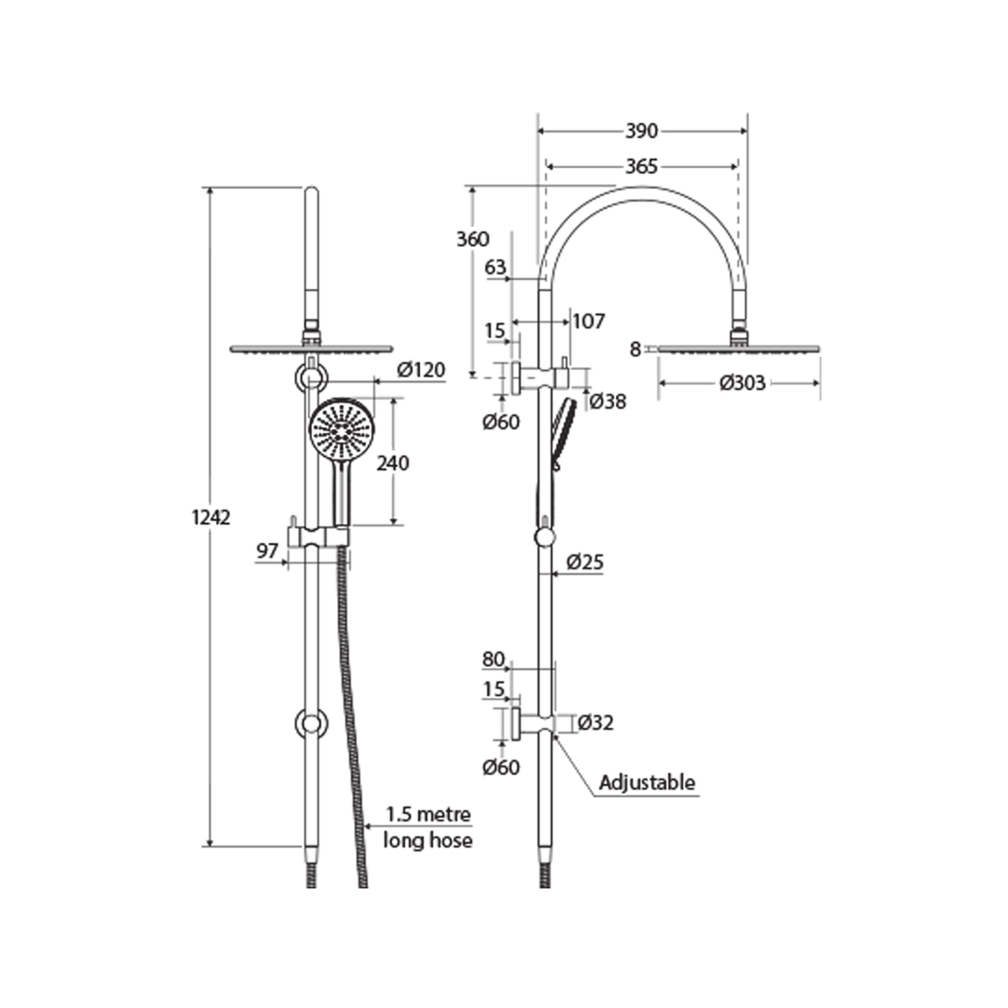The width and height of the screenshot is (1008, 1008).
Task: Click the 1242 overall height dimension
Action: pyautogui.click(x=211, y=517)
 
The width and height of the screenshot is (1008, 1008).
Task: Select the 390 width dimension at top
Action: pyautogui.click(x=642, y=131)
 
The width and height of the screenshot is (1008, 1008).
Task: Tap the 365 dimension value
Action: pyautogui.click(x=642, y=166)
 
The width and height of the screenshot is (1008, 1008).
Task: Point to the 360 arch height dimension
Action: pyautogui.click(x=472, y=239)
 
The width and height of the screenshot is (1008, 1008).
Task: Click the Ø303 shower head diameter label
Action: pyautogui.click(x=742, y=383)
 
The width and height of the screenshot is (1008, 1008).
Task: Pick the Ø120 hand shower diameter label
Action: pyautogui.click(x=420, y=371)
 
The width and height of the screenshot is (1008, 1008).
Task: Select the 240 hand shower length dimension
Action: pyautogui.click(x=393, y=462)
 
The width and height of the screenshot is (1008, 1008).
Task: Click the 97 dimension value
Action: pyautogui.click(x=268, y=551)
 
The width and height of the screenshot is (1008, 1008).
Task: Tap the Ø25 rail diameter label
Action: pyautogui.click(x=586, y=563)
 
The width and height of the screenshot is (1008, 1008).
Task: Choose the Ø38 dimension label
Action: pyautogui.click(x=608, y=401)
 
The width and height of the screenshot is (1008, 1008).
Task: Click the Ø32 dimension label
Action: pyautogui.click(x=595, y=722)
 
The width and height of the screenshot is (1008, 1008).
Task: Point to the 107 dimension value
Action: pyautogui.click(x=588, y=322)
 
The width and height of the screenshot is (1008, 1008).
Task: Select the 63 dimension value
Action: pyautogui.click(x=496, y=268)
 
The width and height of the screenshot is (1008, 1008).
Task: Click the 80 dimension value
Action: pyautogui.click(x=493, y=659)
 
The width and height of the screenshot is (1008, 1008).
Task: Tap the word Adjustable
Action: pyautogui.click(x=647, y=782)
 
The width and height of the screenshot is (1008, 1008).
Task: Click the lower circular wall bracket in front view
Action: pyautogui.click(x=311, y=722)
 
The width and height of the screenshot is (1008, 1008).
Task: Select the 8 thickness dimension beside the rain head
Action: pyautogui.click(x=636, y=349)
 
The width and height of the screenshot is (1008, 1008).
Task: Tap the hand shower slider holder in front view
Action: pyautogui.click(x=318, y=536)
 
